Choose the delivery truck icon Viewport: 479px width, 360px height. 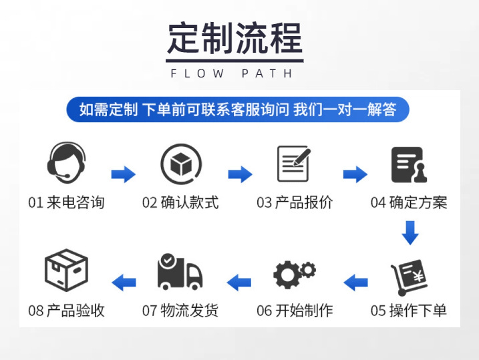coord(180,273)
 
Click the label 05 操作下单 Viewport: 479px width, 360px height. coord(409,311)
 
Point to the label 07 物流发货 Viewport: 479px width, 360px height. coord(180,311)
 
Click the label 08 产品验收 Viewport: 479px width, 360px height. coord(66,311)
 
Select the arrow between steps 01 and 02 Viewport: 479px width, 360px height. coord(123,175)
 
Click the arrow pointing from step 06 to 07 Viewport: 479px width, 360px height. coord(238,282)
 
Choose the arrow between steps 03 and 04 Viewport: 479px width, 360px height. coord(355,175)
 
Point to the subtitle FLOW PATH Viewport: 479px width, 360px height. coord(232,73)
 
